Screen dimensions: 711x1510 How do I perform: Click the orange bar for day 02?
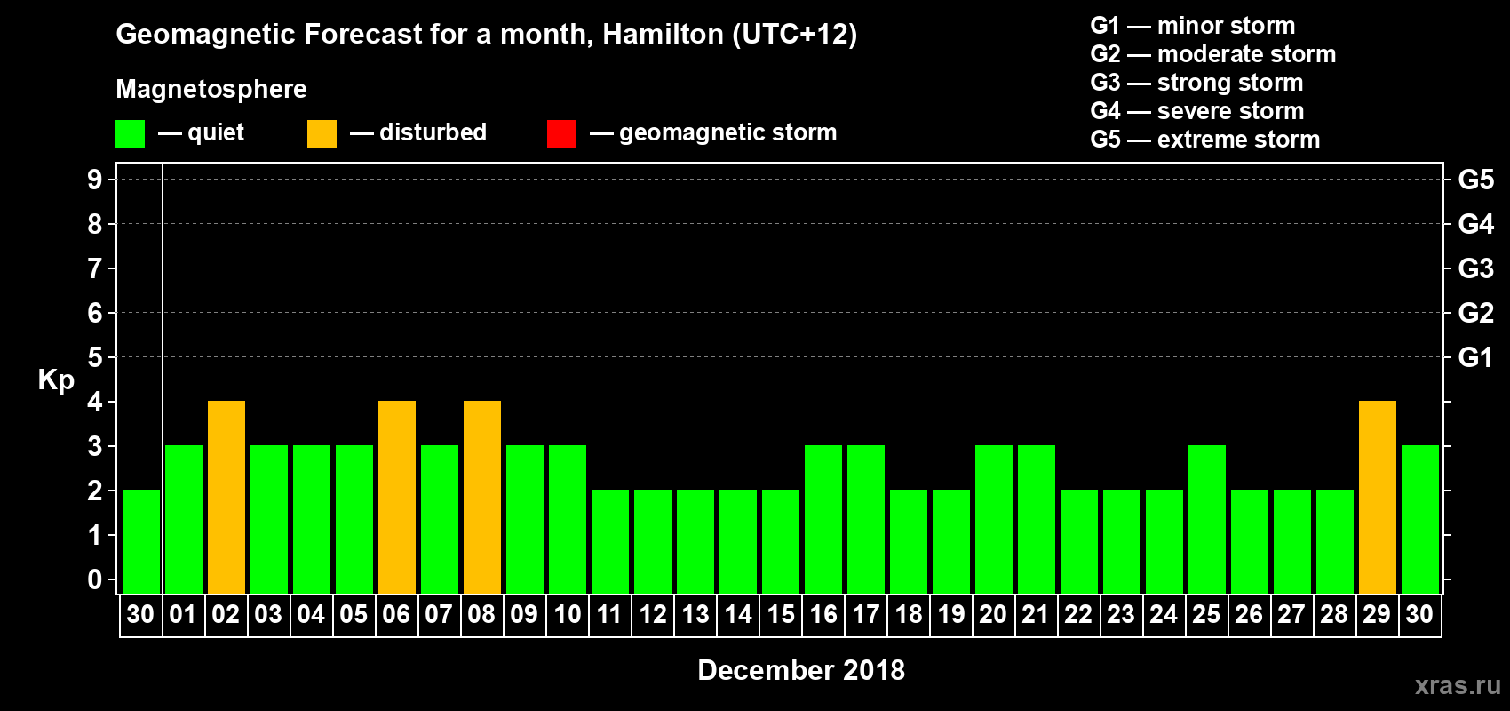click(226, 497)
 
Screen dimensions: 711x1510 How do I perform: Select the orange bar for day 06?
click(397, 497)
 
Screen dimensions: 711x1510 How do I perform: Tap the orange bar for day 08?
click(482, 497)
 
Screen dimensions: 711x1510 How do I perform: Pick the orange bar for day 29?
click(1378, 497)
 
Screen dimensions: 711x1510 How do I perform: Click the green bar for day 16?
click(823, 519)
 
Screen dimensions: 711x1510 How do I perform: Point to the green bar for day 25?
click(1207, 519)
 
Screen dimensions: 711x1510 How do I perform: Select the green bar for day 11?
click(610, 541)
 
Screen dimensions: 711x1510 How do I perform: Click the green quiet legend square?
click(131, 134)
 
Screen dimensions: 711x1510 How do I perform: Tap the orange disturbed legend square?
click(322, 134)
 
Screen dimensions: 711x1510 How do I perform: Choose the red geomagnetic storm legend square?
click(561, 134)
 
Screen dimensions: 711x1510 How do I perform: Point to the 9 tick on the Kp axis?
click(95, 180)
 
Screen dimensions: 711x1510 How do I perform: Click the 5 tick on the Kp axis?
click(95, 357)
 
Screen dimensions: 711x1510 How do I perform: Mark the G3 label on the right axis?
click(1475, 268)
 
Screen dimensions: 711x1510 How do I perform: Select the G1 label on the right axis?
click(1475, 357)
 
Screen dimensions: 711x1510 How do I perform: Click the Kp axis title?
click(56, 380)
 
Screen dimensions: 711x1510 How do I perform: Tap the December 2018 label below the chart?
click(801, 670)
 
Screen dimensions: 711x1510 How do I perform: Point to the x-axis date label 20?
click(993, 614)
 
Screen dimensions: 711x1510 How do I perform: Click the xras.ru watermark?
click(1458, 685)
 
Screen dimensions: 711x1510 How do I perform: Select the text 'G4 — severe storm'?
click(1197, 111)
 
